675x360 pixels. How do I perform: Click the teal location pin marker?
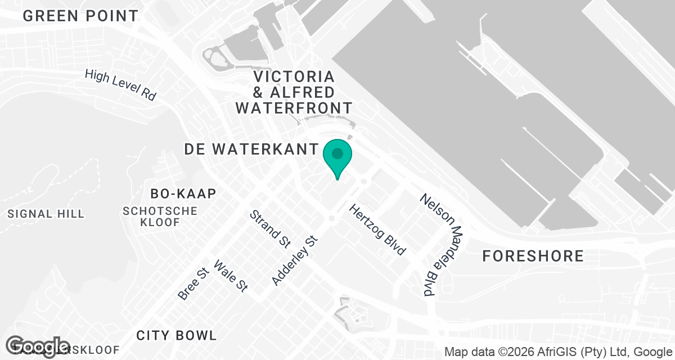tap(337, 157)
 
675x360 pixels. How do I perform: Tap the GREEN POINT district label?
tap(80, 16)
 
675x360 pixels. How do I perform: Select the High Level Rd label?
tap(120, 85)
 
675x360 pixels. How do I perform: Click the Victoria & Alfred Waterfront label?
tap(294, 92)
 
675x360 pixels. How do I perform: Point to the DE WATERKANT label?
tap(251, 149)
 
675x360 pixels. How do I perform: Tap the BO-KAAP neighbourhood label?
tap(183, 194)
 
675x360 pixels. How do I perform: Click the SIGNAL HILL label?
tap(46, 214)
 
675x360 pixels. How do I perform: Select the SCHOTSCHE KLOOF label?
tap(160, 217)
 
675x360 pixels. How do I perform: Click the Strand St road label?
tap(270, 229)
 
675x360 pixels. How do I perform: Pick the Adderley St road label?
tap(295, 260)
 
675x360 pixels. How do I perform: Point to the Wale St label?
tap(231, 276)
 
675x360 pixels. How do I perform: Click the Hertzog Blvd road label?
tap(377, 229)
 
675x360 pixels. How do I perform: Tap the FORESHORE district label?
tap(533, 256)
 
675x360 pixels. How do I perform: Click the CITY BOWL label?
tap(177, 336)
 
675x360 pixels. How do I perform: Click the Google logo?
tap(38, 346)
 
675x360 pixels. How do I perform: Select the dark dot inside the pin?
tap(337, 153)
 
